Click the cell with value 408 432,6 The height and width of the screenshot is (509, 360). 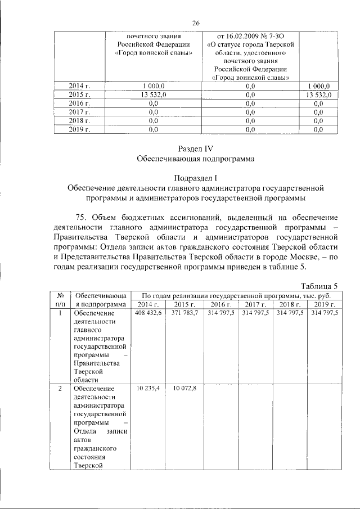pyautogui.click(x=148, y=313)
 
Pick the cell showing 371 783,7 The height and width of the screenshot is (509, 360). pyautogui.click(x=184, y=313)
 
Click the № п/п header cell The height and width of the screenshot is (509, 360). pyautogui.click(x=60, y=300)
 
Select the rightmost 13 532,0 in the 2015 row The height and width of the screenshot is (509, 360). pyautogui.click(x=318, y=94)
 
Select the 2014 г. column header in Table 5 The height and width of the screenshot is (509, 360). pyautogui.click(x=148, y=304)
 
